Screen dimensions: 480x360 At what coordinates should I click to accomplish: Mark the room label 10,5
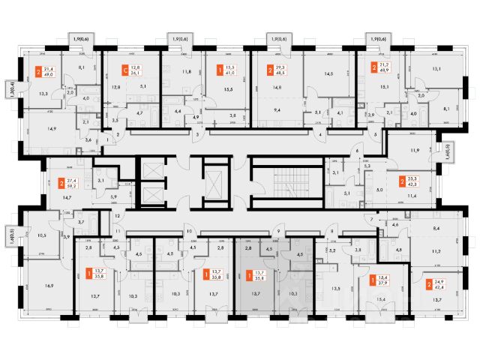coord(42,236)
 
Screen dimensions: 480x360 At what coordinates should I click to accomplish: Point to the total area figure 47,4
coord(438,286)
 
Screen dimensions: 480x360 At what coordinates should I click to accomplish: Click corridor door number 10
coord(190,232)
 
